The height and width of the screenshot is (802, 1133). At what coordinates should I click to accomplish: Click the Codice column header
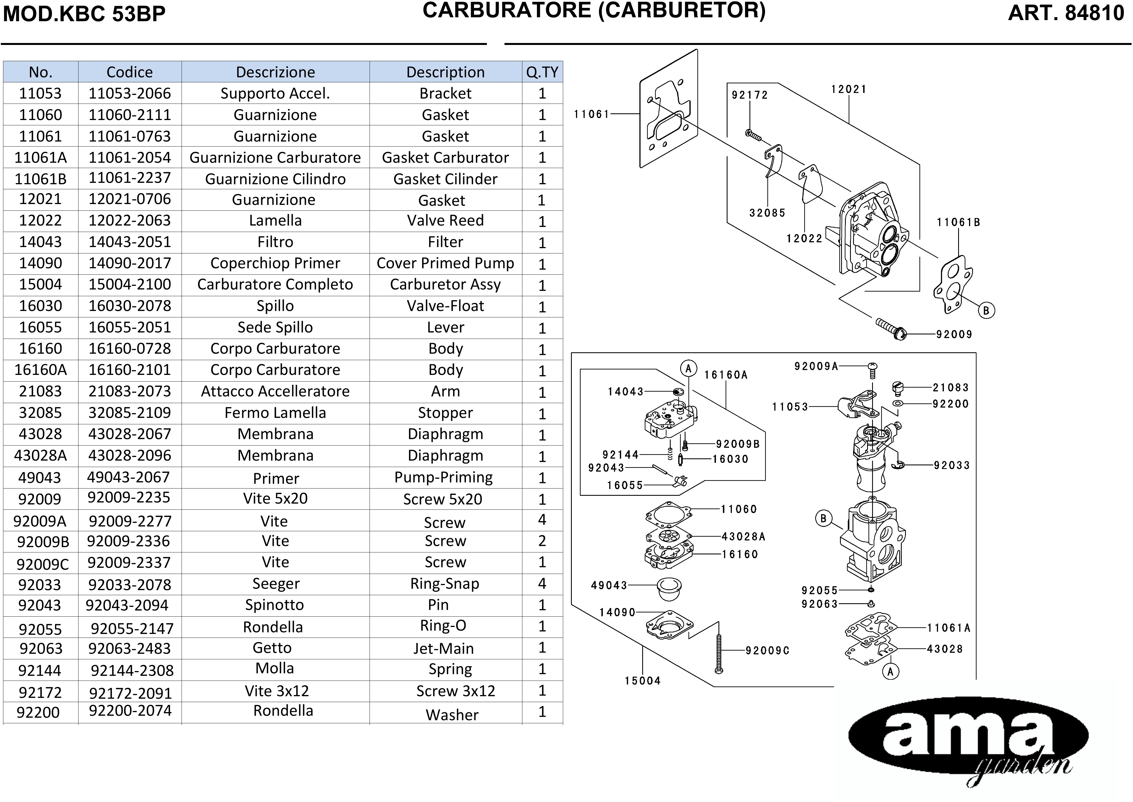pyautogui.click(x=129, y=72)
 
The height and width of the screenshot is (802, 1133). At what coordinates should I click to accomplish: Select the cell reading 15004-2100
pyautogui.click(x=129, y=284)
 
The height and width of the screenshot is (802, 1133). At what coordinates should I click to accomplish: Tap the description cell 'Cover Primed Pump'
pyautogui.click(x=445, y=263)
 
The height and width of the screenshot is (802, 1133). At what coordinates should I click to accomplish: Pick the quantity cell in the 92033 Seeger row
pyautogui.click(x=542, y=584)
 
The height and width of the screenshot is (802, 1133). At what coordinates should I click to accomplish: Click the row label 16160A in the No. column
pyautogui.click(x=41, y=370)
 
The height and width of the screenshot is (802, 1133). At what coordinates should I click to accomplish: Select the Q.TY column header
pyautogui.click(x=542, y=72)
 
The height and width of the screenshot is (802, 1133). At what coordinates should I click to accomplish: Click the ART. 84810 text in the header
pyautogui.click(x=1066, y=13)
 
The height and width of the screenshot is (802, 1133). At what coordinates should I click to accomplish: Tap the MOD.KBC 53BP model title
pyautogui.click(x=84, y=14)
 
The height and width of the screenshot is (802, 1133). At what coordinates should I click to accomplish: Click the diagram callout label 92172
pyautogui.click(x=749, y=95)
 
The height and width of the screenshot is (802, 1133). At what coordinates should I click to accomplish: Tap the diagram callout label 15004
pyautogui.click(x=642, y=681)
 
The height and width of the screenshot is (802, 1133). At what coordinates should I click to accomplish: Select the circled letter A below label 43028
pyautogui.click(x=890, y=672)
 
